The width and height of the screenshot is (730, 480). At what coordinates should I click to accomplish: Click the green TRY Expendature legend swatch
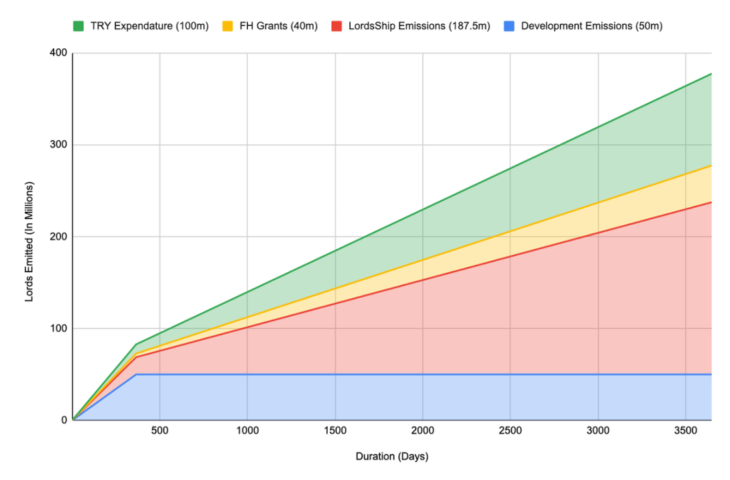[x=78, y=26]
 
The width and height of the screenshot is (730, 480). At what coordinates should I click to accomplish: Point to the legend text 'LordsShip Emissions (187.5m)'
[x=418, y=26]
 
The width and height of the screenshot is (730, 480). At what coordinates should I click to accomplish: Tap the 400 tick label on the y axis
[x=59, y=53]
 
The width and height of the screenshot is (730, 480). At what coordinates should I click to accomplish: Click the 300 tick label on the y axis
[x=59, y=145]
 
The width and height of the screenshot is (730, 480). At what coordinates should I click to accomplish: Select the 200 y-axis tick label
[x=59, y=237]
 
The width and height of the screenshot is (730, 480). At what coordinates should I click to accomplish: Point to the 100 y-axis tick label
[x=59, y=328]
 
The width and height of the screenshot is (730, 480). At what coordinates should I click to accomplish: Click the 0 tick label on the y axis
[x=64, y=420]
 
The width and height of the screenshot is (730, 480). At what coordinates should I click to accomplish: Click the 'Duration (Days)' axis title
[x=391, y=457]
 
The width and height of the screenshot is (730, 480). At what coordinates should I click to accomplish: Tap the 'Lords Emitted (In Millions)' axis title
[x=29, y=241]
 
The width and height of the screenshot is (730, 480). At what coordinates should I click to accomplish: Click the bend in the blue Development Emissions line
[x=136, y=374]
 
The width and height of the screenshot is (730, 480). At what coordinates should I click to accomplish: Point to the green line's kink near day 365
[x=136, y=345]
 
